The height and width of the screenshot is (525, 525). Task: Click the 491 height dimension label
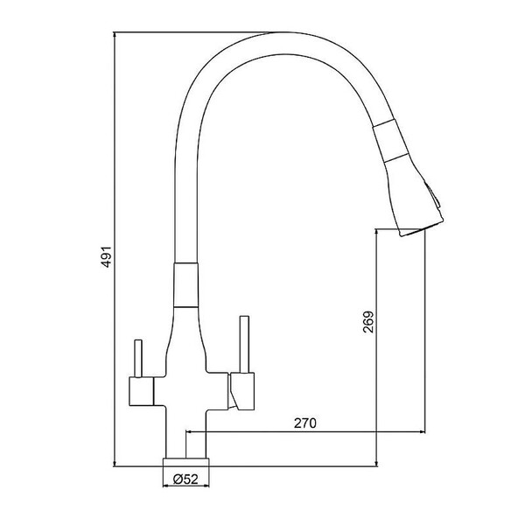point(107,256)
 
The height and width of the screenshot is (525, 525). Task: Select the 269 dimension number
point(368,322)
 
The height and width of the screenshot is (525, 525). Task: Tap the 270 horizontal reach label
point(305,423)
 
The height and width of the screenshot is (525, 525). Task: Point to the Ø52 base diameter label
point(185,479)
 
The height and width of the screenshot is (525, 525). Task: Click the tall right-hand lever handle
point(245,344)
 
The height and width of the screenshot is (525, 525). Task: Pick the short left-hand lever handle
point(138,358)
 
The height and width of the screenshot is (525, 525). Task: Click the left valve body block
point(141,391)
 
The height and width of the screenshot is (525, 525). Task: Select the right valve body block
point(241,391)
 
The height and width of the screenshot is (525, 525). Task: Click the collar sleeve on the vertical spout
point(186,285)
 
